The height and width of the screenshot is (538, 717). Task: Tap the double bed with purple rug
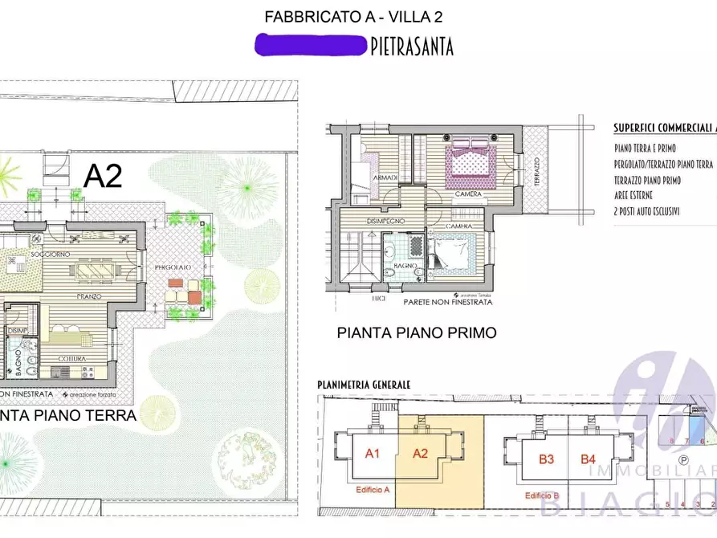[467, 158]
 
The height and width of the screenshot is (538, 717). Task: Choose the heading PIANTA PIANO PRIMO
[416, 332]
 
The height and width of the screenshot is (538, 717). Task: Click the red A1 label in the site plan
[373, 454]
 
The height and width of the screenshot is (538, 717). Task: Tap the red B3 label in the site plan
[547, 459]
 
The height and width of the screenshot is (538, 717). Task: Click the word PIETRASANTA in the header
[412, 47]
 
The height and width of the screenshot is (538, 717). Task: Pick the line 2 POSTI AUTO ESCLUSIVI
[647, 211]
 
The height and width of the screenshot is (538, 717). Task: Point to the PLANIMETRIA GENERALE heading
[364, 385]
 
